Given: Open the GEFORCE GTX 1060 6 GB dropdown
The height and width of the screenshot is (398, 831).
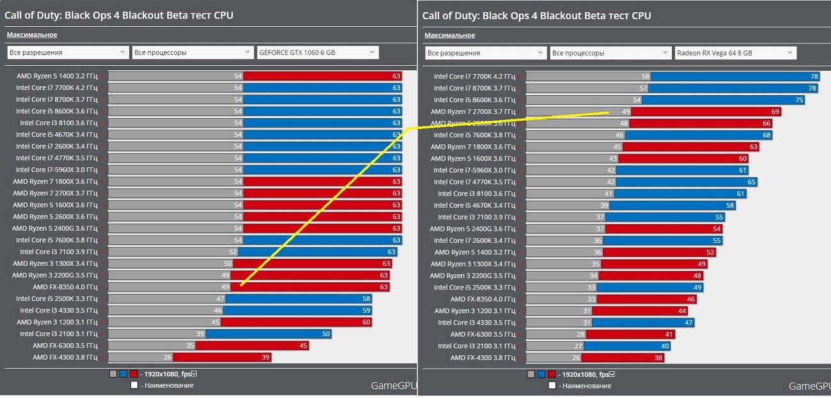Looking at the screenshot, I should pyautogui.click(x=317, y=52).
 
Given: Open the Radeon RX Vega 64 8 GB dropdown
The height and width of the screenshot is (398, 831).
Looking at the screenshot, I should pyautogui.click(x=735, y=53).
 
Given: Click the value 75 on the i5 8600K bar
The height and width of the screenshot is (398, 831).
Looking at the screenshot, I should pyautogui.click(x=799, y=100).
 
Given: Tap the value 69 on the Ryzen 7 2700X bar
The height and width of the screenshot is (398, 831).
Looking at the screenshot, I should pyautogui.click(x=775, y=112).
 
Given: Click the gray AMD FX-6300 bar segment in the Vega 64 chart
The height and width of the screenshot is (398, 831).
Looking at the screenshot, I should pyautogui.click(x=555, y=334).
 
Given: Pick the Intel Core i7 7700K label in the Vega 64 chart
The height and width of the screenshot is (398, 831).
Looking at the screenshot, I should pyautogui.click(x=474, y=77).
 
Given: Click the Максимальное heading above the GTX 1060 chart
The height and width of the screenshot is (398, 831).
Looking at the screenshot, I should pyautogui.click(x=32, y=35).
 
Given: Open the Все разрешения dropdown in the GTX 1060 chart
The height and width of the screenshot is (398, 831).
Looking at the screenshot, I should pyautogui.click(x=68, y=52).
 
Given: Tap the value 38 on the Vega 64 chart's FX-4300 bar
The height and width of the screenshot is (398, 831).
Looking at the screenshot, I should pyautogui.click(x=658, y=358).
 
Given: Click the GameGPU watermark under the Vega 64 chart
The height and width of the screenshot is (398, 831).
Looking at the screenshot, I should pyautogui.click(x=809, y=386).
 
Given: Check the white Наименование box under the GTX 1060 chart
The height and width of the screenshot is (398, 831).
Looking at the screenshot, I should pyautogui.click(x=134, y=385).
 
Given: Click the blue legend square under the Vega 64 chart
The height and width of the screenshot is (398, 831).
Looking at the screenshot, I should pyautogui.click(x=541, y=374).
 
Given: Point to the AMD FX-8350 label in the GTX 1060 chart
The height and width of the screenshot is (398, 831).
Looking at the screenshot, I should pyautogui.click(x=65, y=287).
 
